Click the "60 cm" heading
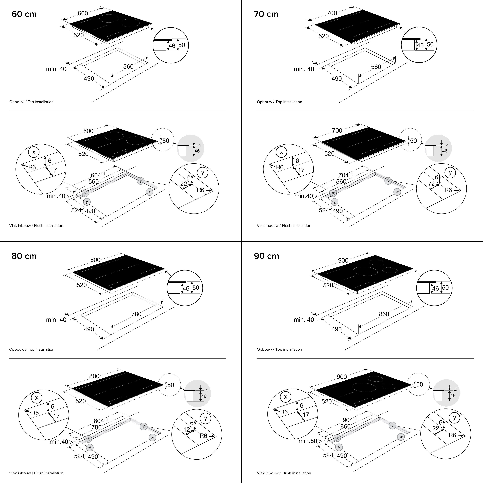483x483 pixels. (x=24, y=14)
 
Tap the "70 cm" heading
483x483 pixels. (x=266, y=14)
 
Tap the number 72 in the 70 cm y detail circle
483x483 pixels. (x=431, y=184)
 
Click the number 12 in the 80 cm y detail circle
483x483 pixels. (x=187, y=430)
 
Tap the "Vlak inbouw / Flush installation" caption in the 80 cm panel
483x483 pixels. (x=36, y=473)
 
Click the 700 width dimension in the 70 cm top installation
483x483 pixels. (x=332, y=13)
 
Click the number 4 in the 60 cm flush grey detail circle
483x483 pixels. (x=199, y=145)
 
